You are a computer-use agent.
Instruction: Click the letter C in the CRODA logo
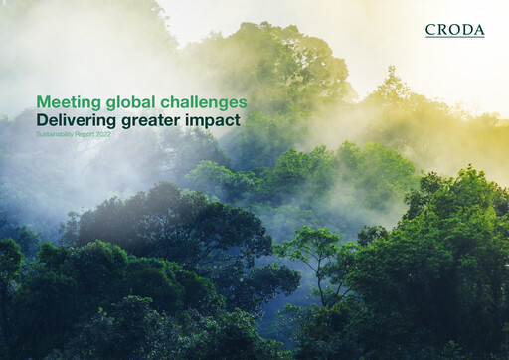(430, 30)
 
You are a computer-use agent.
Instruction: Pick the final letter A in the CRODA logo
(479, 30)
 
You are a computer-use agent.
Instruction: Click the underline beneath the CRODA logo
(454, 38)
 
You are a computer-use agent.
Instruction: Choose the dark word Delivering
(75, 120)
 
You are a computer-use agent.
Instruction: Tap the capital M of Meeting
(43, 102)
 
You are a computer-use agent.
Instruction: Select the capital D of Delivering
(42, 120)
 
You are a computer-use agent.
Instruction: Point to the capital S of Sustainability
(38, 133)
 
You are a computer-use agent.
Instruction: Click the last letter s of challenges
(244, 103)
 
